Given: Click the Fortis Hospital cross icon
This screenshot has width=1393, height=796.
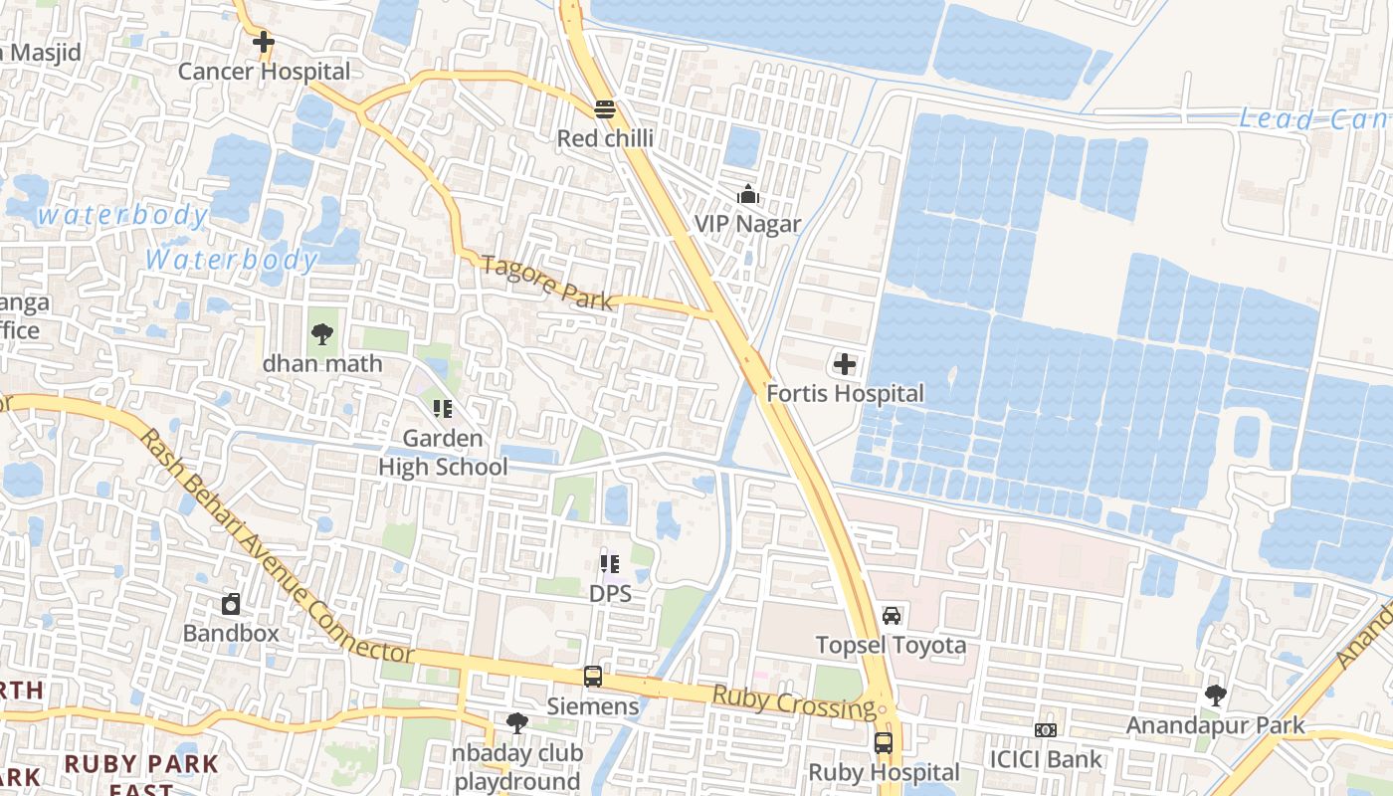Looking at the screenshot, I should click(x=845, y=364).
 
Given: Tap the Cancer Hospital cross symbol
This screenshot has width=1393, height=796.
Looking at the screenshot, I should click(x=264, y=42).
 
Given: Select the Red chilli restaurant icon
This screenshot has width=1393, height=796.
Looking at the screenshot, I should click(x=604, y=108).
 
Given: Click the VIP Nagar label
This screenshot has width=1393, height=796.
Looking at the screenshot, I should click(x=747, y=224).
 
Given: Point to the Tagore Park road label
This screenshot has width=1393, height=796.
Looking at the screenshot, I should click(x=547, y=283).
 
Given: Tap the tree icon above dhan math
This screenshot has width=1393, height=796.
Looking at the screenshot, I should click(x=321, y=334).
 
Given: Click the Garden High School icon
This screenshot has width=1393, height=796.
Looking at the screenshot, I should click(x=443, y=408).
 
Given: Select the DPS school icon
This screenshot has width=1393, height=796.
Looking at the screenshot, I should click(x=610, y=564).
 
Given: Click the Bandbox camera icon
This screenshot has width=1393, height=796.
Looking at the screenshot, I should click(x=231, y=603).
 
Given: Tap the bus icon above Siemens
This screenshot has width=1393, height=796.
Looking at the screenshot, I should click(x=593, y=677).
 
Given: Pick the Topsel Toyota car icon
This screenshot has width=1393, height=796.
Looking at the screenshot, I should click(x=892, y=616).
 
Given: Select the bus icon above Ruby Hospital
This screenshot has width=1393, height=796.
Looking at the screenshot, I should click(x=883, y=742).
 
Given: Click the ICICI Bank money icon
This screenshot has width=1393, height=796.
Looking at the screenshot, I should click(x=1045, y=730).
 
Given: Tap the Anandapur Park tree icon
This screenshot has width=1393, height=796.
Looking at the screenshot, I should click(x=1215, y=695).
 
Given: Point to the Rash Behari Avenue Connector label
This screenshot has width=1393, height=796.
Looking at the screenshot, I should click(x=274, y=547).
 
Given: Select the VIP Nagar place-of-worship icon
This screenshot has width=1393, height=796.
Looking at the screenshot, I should click(x=747, y=194).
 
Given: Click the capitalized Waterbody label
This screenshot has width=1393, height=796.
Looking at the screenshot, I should click(x=231, y=261).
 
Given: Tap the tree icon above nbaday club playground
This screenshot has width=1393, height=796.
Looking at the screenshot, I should click(x=516, y=722).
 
